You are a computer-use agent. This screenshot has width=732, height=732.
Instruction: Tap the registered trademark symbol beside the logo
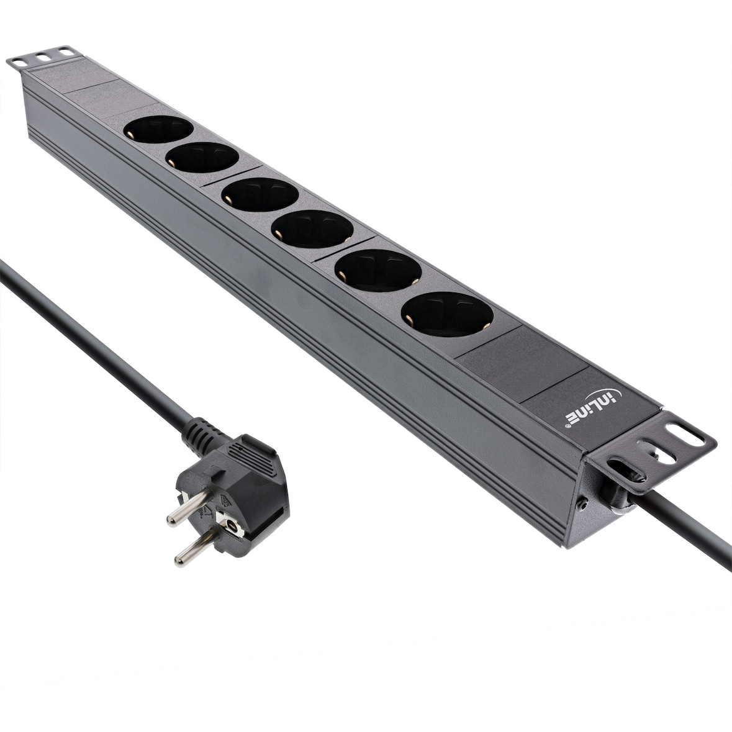tap(568, 427)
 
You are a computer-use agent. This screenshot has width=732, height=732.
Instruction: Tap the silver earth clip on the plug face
tap(231, 530)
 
